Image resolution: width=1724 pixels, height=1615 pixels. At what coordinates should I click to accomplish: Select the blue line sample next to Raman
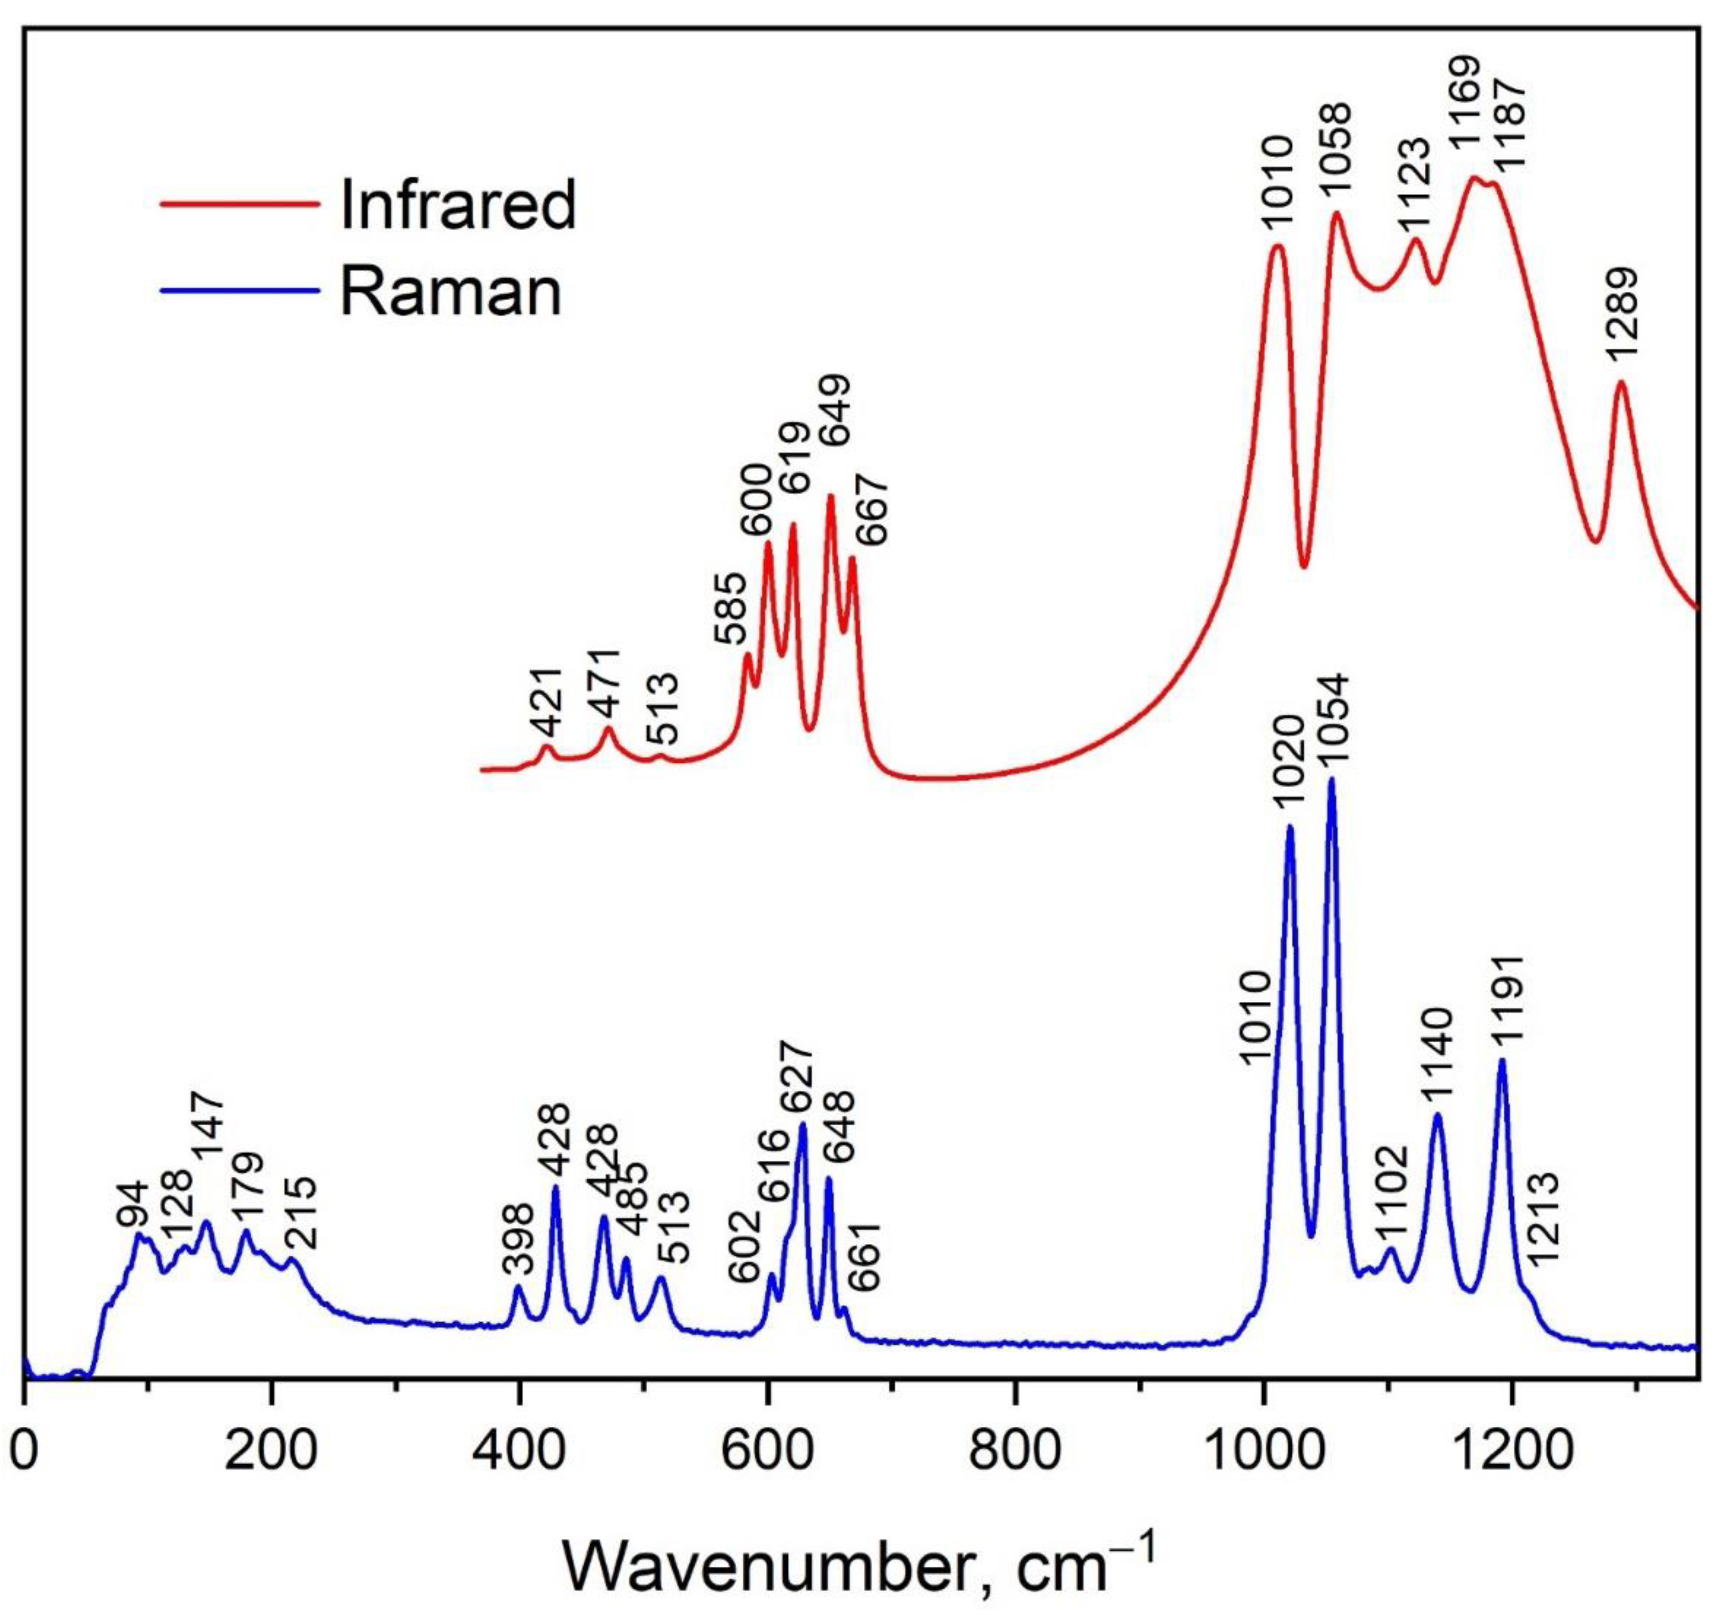click(241, 290)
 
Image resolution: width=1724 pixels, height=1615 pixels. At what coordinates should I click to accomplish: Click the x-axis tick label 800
click(1014, 1453)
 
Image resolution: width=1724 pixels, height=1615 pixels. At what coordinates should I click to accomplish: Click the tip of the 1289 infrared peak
click(1620, 382)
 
